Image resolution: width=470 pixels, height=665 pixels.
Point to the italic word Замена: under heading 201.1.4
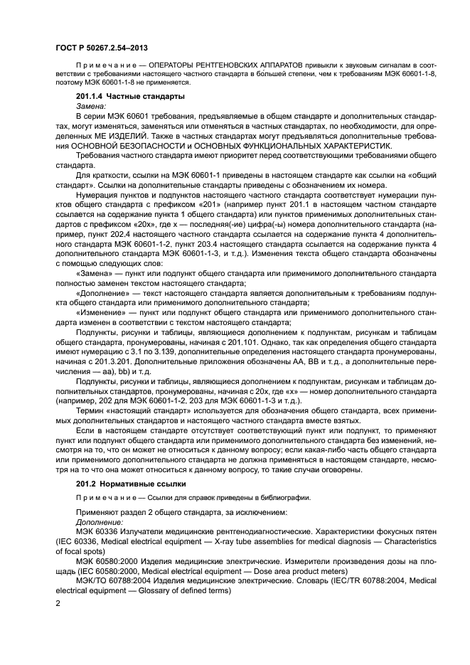click(90, 105)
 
